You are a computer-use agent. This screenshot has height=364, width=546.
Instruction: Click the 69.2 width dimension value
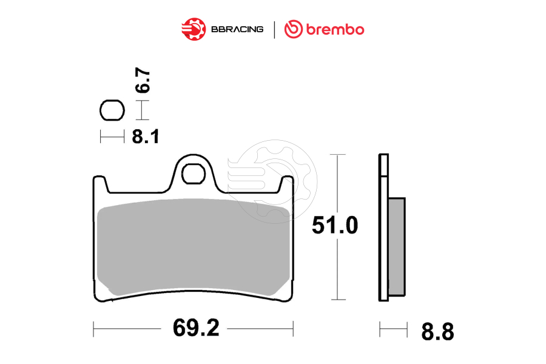coord(195,329)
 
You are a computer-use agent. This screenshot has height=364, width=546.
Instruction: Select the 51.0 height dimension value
coord(334,226)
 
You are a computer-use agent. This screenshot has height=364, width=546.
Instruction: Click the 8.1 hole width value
coord(146,136)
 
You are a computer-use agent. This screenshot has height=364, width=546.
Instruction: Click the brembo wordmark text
coord(334,29)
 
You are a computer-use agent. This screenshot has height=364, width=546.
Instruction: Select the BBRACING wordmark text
coord(237,29)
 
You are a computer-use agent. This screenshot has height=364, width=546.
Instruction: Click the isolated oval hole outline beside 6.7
coord(112,111)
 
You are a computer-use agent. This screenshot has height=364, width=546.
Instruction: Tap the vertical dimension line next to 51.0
coord(338,182)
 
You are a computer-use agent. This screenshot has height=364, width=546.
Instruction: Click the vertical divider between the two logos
coord(274,29)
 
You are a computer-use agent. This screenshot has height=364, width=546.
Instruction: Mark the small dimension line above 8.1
coord(112,137)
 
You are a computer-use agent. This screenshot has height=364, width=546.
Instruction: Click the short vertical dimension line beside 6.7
coord(142,111)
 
